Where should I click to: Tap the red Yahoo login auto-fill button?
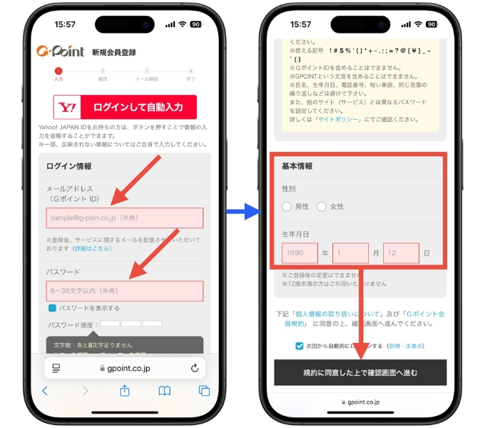click(125, 108)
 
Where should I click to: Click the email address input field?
click(125, 218)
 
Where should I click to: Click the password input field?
click(125, 291)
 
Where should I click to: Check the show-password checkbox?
click(52, 308)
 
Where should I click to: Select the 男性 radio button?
click(287, 206)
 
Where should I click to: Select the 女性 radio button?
click(322, 206)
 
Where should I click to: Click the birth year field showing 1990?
click(299, 253)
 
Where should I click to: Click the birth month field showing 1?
click(350, 253)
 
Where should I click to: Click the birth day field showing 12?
click(400, 253)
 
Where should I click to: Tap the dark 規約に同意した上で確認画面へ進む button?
click(360, 372)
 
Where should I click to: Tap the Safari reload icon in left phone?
click(195, 368)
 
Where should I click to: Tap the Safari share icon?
click(125, 390)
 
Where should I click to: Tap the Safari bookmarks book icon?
click(165, 390)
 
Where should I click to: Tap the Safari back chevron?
click(45, 390)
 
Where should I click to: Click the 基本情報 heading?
click(297, 166)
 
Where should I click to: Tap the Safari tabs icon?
click(204, 390)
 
